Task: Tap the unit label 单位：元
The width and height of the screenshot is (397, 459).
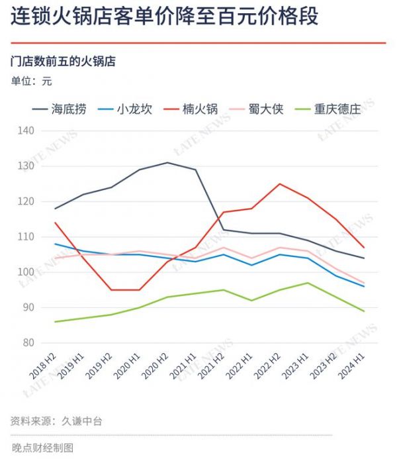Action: [x=31, y=81]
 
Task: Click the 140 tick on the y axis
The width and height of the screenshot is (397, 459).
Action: [x=26, y=130]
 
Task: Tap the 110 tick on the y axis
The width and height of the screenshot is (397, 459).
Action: [x=26, y=236]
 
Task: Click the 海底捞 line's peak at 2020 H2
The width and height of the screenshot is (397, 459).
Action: [x=167, y=162]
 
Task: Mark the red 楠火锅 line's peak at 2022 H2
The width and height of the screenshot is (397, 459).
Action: [x=279, y=183]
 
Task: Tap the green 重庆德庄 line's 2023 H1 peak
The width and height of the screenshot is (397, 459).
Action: [x=308, y=283]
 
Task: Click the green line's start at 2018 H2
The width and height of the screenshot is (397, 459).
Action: [x=54, y=322]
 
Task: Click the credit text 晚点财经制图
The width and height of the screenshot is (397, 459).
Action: [x=42, y=448]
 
